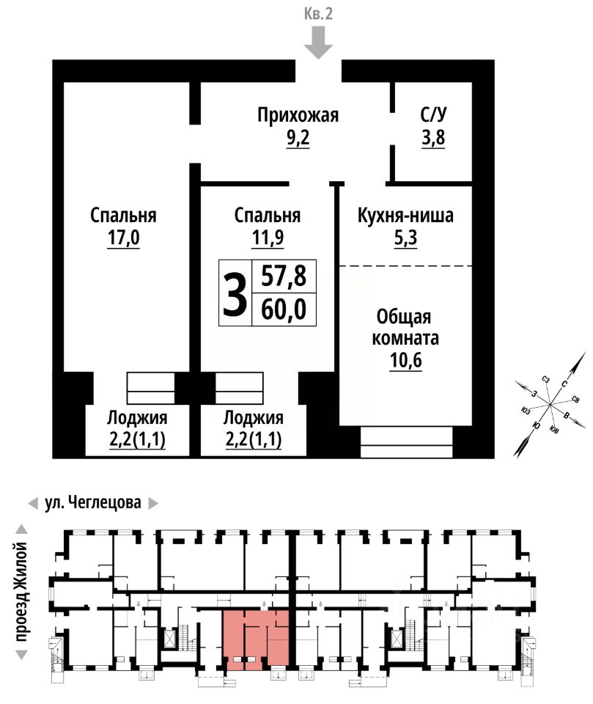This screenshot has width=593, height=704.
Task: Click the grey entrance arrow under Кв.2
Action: coord(318,43)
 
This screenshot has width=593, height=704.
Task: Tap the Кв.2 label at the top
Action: coord(318,13)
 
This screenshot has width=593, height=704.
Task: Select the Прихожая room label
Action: coord(298,115)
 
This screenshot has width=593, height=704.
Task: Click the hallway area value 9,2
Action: coord(298,138)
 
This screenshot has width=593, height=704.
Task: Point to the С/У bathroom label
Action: coord(433,114)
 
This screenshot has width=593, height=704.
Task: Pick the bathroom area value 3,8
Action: coord(433,138)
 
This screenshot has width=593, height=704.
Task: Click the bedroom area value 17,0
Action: coord(123,238)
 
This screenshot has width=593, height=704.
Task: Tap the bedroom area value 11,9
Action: coord(268,238)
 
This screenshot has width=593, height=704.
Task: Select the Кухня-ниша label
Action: coord(405,216)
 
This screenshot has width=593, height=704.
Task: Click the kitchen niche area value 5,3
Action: coord(406,238)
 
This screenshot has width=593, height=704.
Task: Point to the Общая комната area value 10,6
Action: coord(406,360)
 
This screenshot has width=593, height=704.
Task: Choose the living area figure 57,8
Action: coord(284,276)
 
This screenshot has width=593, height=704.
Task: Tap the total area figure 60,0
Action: coord(284,309)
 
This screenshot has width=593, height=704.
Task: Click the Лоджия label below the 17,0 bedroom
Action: coord(137,419)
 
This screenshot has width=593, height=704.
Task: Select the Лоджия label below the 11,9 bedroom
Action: coord(254,419)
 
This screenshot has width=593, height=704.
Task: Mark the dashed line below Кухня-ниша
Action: coord(405,266)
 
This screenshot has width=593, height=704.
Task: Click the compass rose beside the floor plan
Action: coord(550,405)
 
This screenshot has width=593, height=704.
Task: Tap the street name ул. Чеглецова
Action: coord(93,503)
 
